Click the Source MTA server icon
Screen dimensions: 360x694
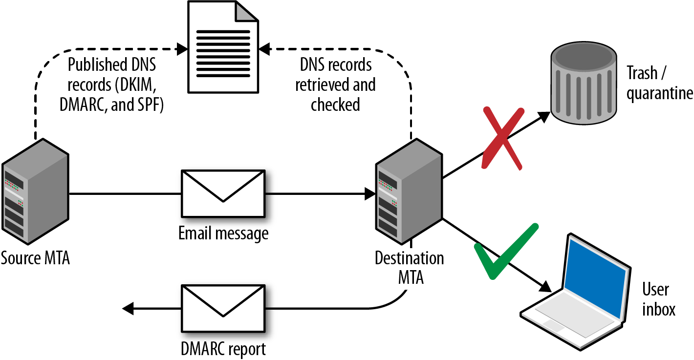click(35, 193)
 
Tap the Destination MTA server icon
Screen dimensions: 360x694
click(409, 193)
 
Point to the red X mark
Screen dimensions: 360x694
click(502, 138)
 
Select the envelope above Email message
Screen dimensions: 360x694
click(223, 193)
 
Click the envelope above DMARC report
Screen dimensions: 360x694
click(223, 308)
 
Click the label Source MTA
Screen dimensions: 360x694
click(35, 258)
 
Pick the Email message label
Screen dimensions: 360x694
click(223, 233)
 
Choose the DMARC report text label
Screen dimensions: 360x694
click(223, 349)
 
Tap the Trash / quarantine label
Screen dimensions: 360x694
click(659, 83)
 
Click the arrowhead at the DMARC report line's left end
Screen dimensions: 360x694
click(128, 309)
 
